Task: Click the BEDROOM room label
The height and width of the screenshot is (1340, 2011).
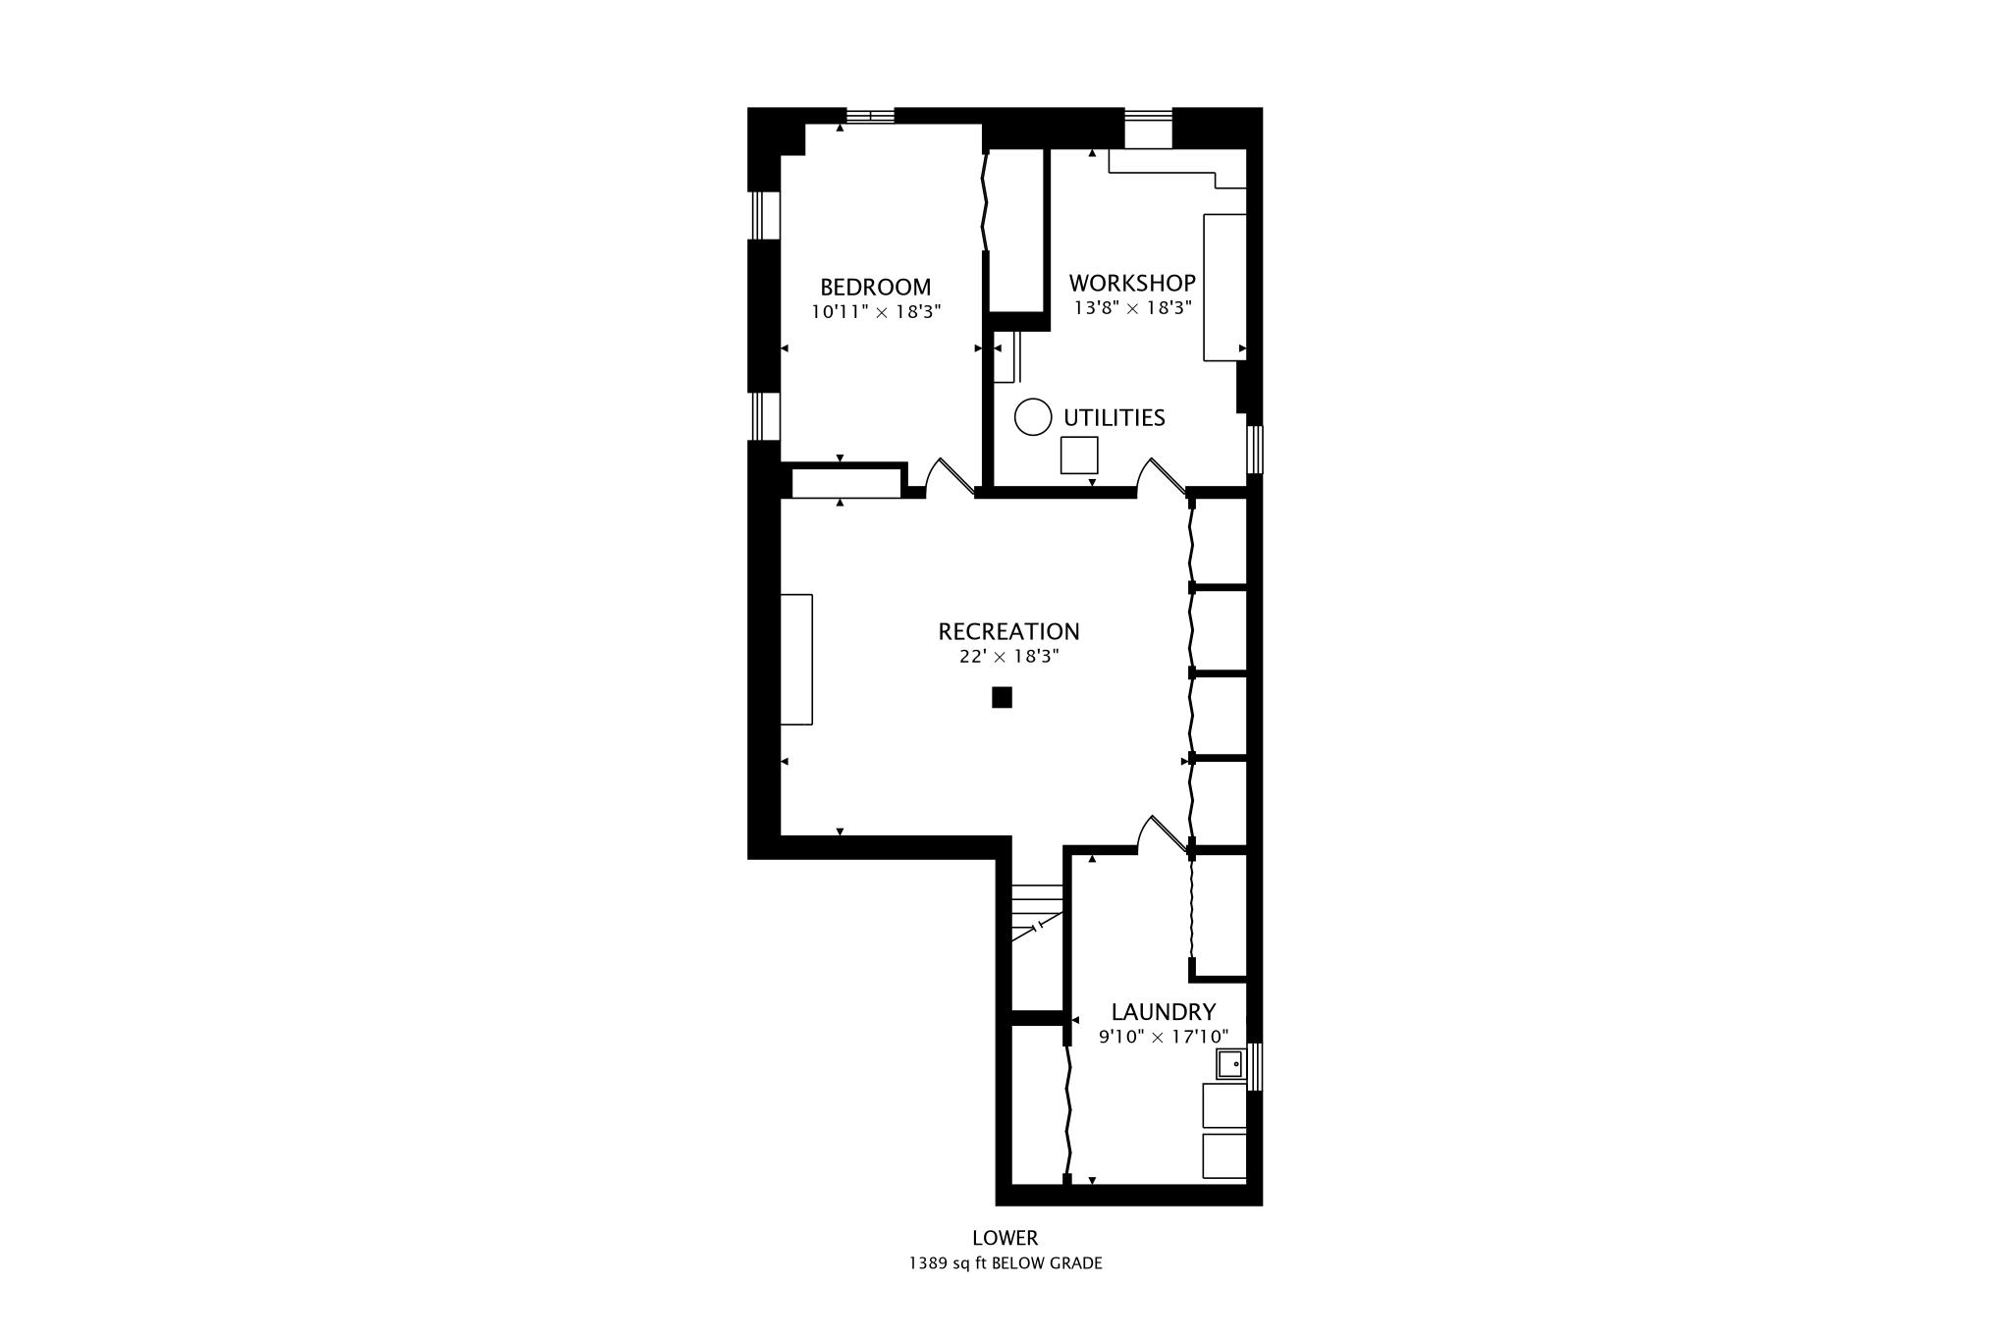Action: tap(875, 288)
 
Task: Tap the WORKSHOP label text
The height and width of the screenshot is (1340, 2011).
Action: tap(1131, 283)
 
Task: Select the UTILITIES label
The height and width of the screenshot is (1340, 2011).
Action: tap(1114, 418)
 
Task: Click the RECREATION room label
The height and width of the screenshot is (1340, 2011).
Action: tap(1008, 631)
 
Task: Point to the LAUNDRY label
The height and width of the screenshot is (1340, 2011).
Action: tap(1163, 1011)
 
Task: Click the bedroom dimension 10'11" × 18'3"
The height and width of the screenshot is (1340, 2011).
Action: tap(875, 312)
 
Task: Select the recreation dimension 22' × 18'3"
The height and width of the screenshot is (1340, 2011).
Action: tap(1008, 657)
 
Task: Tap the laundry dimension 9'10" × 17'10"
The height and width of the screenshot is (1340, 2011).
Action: tap(1163, 1037)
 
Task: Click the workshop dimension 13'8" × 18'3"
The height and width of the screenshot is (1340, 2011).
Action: tap(1131, 308)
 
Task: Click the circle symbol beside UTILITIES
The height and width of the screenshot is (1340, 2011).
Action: tap(1033, 417)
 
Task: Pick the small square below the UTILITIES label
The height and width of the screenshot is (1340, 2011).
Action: tap(1078, 456)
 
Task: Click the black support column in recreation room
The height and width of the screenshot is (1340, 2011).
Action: tap(1002, 698)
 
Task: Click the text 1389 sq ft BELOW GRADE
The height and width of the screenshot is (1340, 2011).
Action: tap(1005, 1263)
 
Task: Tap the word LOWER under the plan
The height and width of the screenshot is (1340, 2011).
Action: tap(1005, 1238)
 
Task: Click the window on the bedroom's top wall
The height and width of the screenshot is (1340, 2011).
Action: tap(870, 116)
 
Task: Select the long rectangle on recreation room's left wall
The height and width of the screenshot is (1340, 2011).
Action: tap(796, 659)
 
